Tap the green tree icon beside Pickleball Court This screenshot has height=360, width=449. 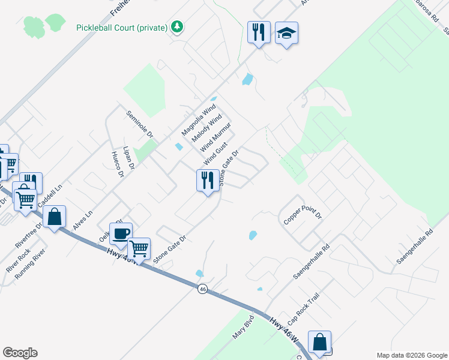pyautogui.click(x=176, y=27)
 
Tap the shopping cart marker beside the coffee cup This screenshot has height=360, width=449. pyautogui.click(x=139, y=248)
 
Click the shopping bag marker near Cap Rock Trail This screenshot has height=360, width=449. pyautogui.click(x=320, y=342)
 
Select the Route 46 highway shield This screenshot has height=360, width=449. pyautogui.click(x=203, y=289)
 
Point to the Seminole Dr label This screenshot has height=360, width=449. pyautogui.click(x=139, y=124)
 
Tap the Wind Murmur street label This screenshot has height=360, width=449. pyautogui.click(x=215, y=136)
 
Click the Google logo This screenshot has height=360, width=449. pyautogui.click(x=20, y=353)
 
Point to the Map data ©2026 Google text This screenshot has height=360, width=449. pyautogui.click(x=411, y=355)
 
